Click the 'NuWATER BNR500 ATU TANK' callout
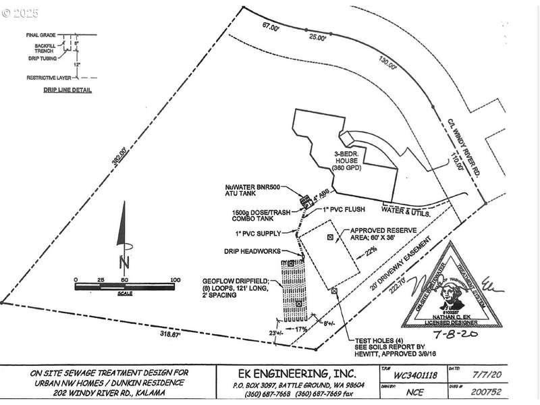coord(263,191)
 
